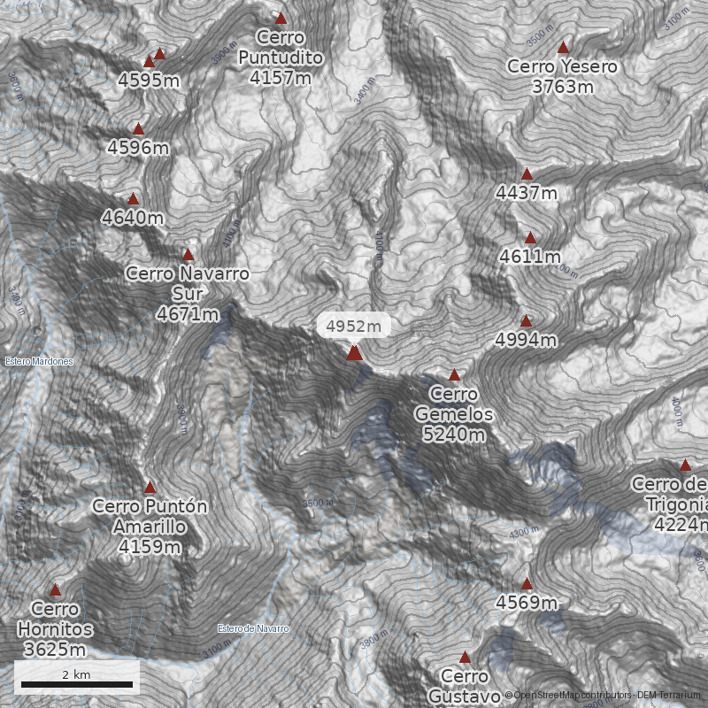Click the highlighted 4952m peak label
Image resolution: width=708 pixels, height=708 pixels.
(353, 327)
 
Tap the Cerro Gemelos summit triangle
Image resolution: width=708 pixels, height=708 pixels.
(455, 375)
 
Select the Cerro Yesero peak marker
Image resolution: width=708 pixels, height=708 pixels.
(563, 47)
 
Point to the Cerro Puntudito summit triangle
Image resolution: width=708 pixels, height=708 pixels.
(281, 19)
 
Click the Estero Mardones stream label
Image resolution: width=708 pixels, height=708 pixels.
(38, 361)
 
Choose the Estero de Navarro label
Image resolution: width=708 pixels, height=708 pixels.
(253, 628)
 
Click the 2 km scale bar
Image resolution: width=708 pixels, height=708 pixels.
(77, 684)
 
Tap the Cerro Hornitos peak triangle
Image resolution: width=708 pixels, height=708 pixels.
(55, 590)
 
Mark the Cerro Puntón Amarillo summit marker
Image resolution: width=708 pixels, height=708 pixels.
(150, 488)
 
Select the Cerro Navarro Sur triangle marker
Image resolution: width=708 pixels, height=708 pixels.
(188, 255)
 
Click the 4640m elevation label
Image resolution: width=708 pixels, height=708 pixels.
(133, 218)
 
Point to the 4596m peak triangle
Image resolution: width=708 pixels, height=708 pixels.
(138, 129)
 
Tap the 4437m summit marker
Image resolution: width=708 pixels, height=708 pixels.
(527, 174)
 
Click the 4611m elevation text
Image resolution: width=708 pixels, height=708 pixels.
(530, 257)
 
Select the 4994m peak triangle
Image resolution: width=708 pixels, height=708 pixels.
(526, 321)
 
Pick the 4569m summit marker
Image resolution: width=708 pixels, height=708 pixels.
(527, 584)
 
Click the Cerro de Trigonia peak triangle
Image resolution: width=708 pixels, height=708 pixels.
(685, 465)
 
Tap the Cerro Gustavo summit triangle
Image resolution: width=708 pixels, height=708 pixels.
(465, 658)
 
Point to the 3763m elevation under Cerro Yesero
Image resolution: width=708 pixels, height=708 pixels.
(563, 87)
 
